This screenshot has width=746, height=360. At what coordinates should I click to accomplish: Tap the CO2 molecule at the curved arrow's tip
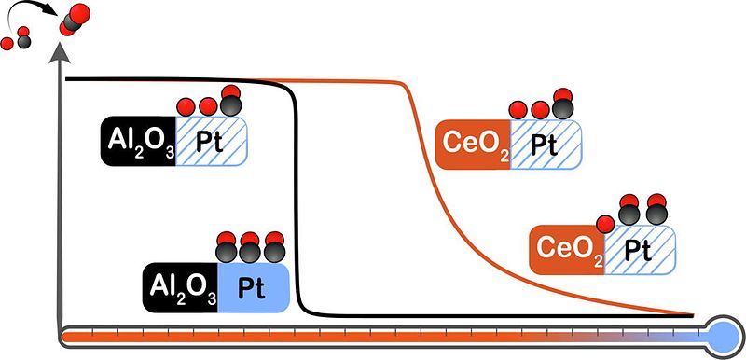75,19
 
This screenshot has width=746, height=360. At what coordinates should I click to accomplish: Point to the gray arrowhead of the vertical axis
60,53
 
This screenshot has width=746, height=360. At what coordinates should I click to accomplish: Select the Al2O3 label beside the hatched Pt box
137,141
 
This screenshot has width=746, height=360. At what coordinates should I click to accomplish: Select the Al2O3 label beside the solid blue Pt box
180,287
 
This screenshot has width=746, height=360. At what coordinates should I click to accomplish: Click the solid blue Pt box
254,287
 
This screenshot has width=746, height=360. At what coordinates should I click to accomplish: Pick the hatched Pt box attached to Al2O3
212,141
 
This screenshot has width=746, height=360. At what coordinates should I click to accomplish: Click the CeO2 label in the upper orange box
473,145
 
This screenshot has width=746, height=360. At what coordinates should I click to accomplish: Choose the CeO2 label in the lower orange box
567,250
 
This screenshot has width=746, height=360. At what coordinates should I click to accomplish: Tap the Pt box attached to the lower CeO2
640,250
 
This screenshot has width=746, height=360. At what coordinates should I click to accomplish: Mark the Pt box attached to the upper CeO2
546,145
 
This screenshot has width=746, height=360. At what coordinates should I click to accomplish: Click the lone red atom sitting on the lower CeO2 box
605,224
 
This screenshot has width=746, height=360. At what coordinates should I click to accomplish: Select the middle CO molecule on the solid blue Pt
250,247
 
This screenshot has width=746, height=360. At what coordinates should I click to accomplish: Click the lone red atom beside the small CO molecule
7,44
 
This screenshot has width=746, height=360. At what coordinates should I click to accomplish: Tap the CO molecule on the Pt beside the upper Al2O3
231,100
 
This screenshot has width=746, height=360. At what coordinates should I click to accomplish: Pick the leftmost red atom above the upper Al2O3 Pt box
186,106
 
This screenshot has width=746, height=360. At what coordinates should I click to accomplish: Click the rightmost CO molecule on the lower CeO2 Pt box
657,209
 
